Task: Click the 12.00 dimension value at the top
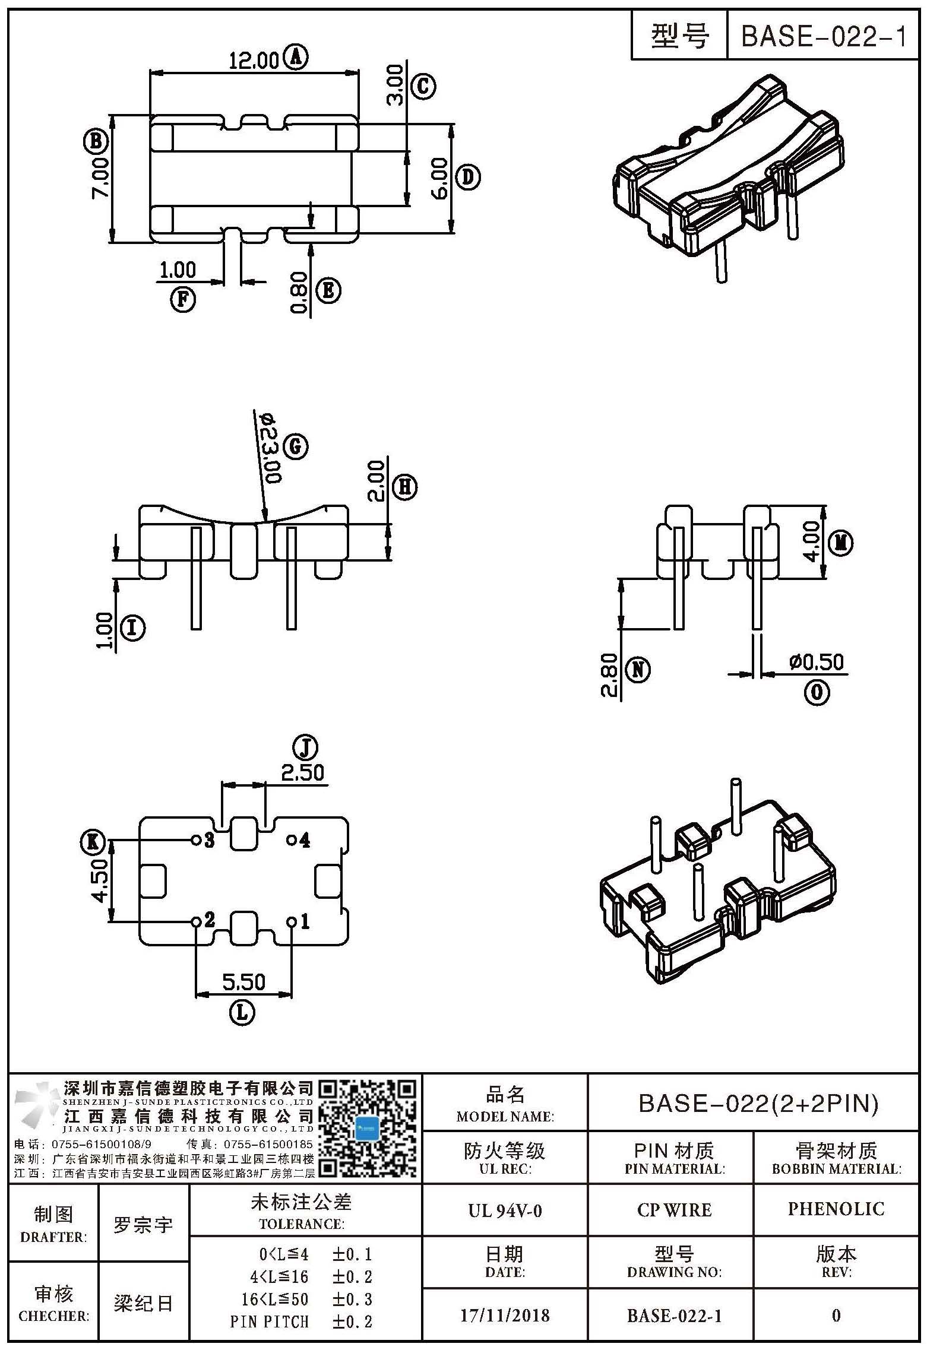tap(254, 61)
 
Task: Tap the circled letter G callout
tap(295, 447)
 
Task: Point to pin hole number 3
tap(195, 840)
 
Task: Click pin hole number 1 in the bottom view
tap(292, 922)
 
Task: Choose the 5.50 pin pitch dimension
tap(243, 983)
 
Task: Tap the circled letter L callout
tap(242, 1013)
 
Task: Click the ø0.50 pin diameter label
tap(817, 663)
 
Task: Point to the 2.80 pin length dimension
tap(610, 675)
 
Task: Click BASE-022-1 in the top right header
tap(824, 37)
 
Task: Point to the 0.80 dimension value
tap(299, 292)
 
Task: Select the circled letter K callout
tap(93, 841)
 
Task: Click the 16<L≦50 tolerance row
tap(306, 1299)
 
